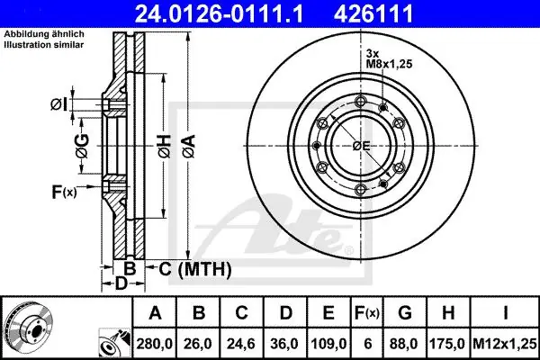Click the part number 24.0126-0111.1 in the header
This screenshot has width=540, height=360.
pyautogui.click(x=219, y=13)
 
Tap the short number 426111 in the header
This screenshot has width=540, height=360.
pyautogui.click(x=373, y=13)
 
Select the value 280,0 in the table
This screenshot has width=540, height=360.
pyautogui.click(x=155, y=344)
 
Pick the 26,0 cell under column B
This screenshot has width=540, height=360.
pyautogui.click(x=198, y=344)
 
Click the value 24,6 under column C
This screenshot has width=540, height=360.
pyautogui.click(x=241, y=344)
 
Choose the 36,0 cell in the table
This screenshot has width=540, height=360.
pyautogui.click(x=284, y=344)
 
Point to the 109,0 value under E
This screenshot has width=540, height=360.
pyautogui.click(x=328, y=344)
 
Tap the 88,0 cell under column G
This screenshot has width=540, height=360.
pyautogui.click(x=405, y=344)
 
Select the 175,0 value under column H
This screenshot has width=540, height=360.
pyautogui.click(x=447, y=344)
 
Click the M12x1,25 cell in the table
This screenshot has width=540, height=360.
pyautogui.click(x=505, y=344)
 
